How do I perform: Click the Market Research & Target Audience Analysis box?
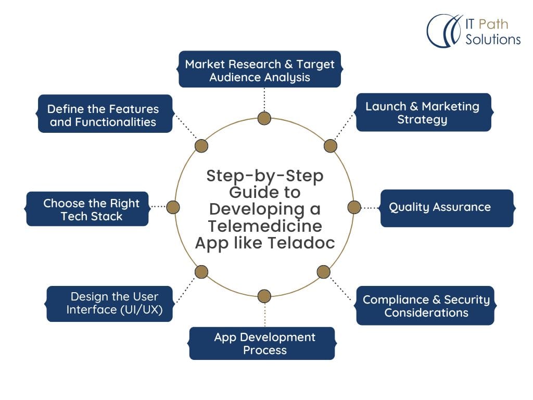point(260,70)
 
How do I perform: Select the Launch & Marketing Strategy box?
point(422,113)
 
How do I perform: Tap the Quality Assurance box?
point(446,207)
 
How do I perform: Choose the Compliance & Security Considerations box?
point(425,306)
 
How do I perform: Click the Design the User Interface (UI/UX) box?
point(110,303)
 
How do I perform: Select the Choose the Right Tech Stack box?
point(88,209)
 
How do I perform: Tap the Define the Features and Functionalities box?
point(104,115)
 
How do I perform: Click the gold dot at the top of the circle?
point(264,119)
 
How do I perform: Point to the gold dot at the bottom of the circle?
point(264,296)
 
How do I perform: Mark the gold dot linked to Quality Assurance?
point(354,207)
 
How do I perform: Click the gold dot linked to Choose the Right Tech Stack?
point(173,207)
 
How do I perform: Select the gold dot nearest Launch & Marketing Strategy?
point(331,146)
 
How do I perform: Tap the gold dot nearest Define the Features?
point(201,146)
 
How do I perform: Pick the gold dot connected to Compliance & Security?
point(323,271)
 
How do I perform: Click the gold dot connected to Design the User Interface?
point(201,271)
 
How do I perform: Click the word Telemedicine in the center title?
point(265,226)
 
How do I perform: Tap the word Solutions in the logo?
point(493,39)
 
